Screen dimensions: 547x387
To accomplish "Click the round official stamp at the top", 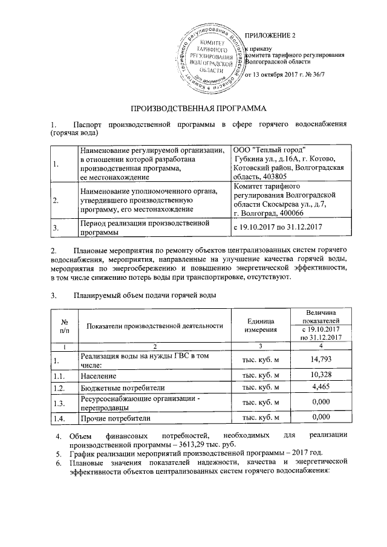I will pyautogui.click(x=213, y=59).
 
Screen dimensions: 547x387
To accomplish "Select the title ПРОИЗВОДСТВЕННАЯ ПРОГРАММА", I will pyautogui.click(x=193, y=108).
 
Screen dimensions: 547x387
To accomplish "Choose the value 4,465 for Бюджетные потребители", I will pyautogui.click(x=322, y=387).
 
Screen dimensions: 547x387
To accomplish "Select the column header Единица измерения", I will pyautogui.click(x=260, y=325).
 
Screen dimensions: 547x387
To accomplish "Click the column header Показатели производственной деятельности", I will pyautogui.click(x=151, y=326).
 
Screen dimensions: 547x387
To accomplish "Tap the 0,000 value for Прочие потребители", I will pyautogui.click(x=322, y=417).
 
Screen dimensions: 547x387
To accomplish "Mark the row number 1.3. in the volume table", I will pyautogui.click(x=59, y=403).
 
